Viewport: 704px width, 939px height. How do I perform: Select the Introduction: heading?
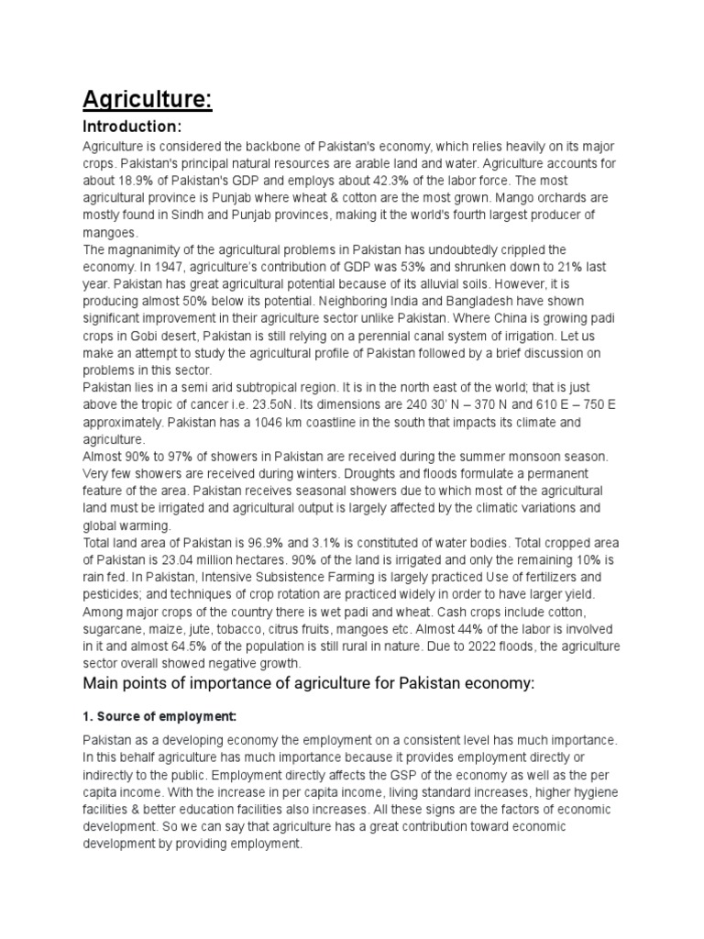point(133,126)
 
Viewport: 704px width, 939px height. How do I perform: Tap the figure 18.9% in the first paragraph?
point(140,182)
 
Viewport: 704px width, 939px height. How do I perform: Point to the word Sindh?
point(185,215)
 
